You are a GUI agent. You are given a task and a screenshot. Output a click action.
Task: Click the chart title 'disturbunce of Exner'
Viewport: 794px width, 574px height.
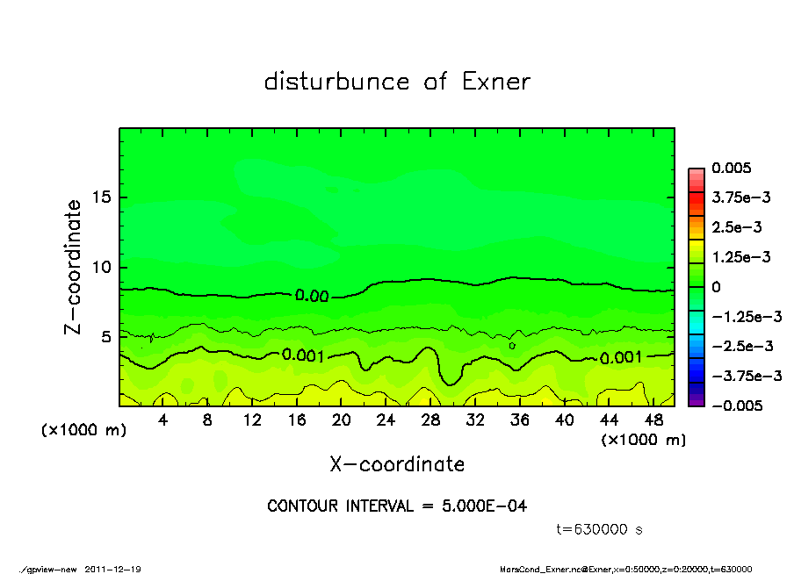tap(397, 82)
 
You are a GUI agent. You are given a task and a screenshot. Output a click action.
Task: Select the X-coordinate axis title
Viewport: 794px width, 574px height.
tap(397, 464)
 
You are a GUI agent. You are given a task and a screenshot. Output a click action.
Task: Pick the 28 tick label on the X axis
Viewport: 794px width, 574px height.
tap(430, 420)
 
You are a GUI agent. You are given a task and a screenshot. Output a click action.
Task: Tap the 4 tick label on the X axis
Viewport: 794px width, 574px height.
tap(163, 420)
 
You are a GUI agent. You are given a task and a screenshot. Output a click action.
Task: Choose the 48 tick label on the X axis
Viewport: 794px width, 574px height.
tap(653, 420)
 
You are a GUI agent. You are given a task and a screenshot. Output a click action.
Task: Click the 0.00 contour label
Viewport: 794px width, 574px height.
tap(312, 296)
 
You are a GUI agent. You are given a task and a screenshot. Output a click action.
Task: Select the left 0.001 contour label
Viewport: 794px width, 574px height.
tap(303, 355)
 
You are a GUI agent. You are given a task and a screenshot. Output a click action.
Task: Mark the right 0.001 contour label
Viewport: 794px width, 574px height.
tap(620, 357)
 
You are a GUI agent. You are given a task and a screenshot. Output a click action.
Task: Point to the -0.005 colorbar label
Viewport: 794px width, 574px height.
tap(736, 405)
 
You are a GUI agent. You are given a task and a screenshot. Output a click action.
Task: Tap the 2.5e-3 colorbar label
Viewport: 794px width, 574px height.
tap(736, 227)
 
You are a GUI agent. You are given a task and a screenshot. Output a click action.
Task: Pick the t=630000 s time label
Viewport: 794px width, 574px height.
tap(600, 529)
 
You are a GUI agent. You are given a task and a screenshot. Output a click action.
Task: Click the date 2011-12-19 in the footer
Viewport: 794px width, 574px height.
tap(112, 569)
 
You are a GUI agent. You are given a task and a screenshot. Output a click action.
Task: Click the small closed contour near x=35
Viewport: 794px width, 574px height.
tap(511, 346)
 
